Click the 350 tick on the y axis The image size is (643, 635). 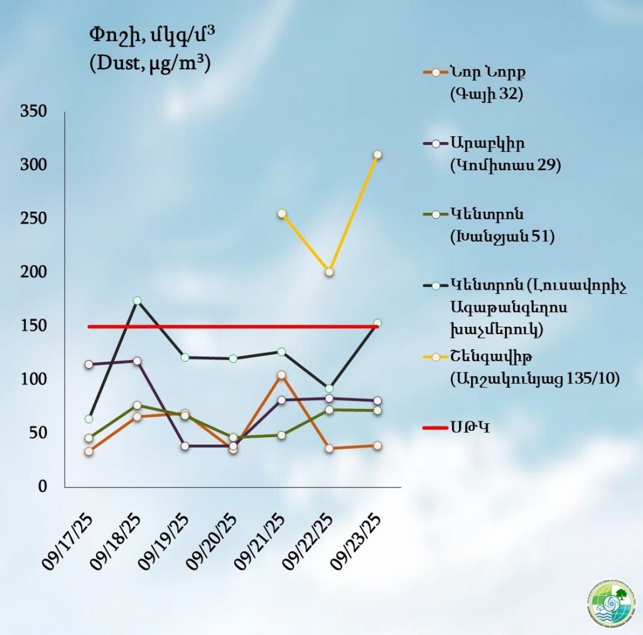tap(35, 112)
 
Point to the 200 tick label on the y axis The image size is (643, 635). tap(35, 273)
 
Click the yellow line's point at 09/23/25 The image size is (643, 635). tap(377, 155)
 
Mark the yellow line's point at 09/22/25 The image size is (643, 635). tap(329, 272)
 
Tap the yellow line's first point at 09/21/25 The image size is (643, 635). tap(281, 214)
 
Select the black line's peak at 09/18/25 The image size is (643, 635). tap(137, 301)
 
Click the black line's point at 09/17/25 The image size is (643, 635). tap(89, 419)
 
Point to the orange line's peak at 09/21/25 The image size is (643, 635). tap(281, 375)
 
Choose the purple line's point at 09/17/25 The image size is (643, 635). tap(89, 364)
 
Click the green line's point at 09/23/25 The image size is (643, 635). tap(377, 410)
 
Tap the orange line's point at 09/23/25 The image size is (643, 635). tap(377, 445)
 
